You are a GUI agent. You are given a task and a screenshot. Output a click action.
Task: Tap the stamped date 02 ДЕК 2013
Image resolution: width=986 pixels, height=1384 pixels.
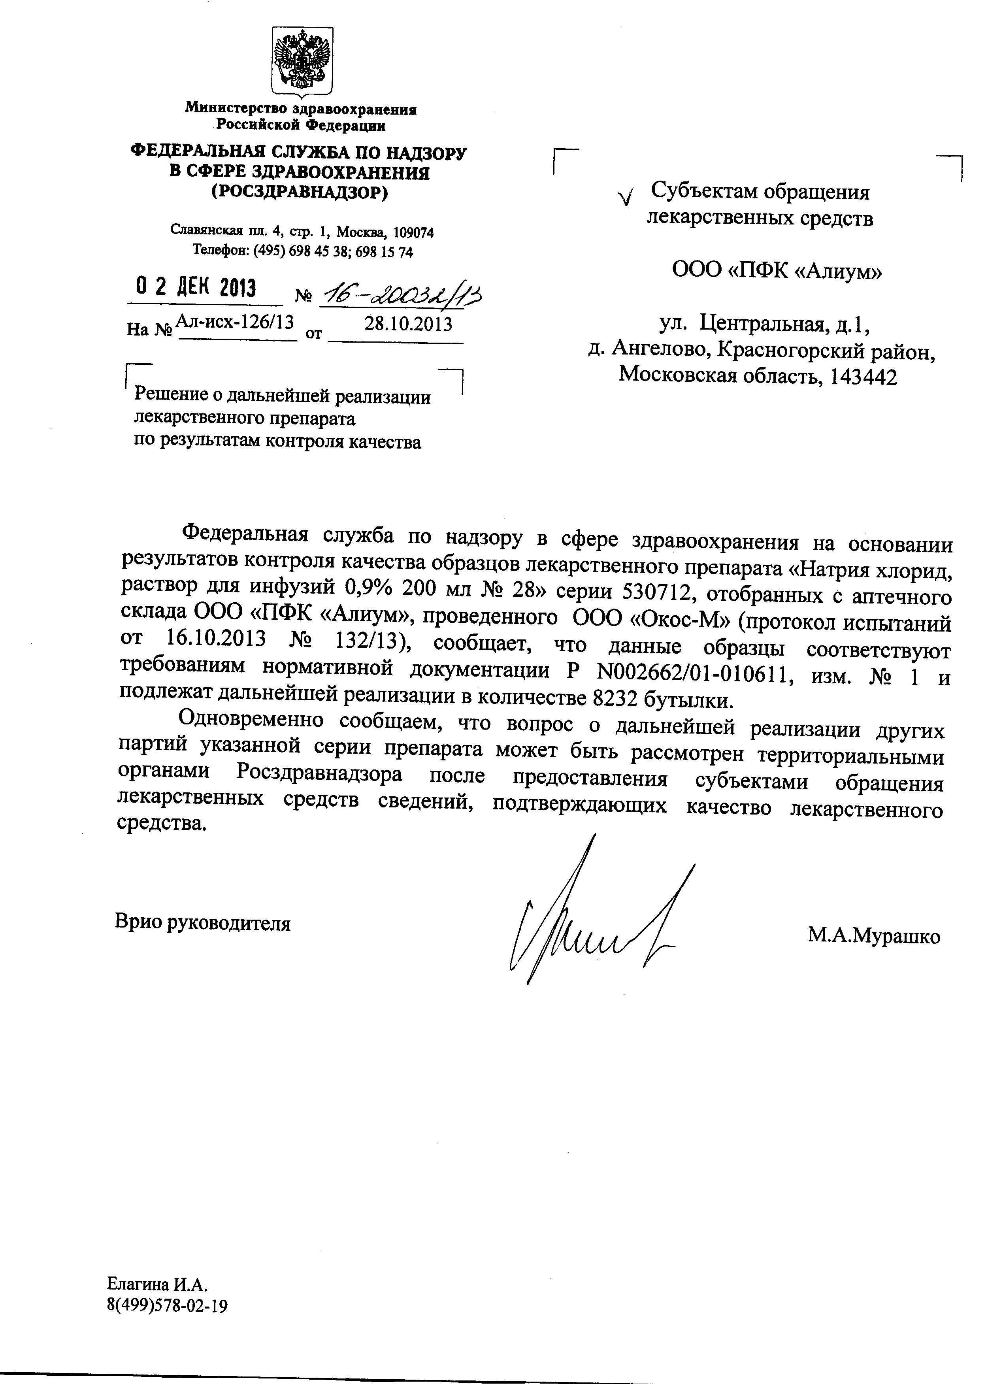tap(196, 287)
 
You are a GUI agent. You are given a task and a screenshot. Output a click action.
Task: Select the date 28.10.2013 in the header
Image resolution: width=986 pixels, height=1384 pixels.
tap(408, 324)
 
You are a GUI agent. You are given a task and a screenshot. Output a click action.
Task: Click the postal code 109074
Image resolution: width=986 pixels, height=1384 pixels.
tap(413, 232)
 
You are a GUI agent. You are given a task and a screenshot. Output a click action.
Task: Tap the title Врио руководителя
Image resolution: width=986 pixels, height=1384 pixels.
tap(203, 923)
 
